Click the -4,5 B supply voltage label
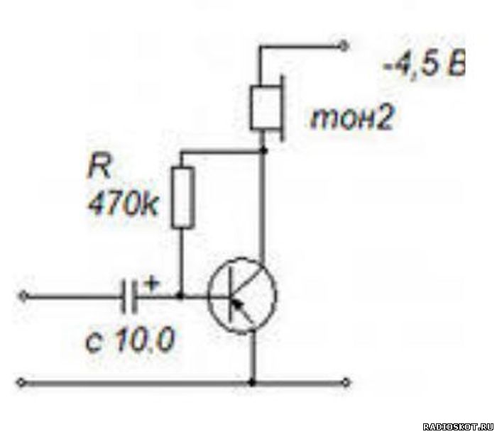(424, 67)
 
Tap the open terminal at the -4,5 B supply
(344, 47)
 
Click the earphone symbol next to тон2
(267, 108)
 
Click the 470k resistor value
(122, 204)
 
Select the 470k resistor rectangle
(183, 197)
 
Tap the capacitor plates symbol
(130, 296)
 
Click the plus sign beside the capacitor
(151, 283)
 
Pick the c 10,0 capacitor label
(130, 340)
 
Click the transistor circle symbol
(242, 295)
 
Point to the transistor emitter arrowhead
(237, 304)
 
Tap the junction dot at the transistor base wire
(180, 296)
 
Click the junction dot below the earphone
(263, 150)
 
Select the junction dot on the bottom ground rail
(252, 383)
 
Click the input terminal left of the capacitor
(23, 296)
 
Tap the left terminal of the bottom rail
(21, 382)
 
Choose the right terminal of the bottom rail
(346, 383)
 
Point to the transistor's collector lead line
(263, 206)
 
